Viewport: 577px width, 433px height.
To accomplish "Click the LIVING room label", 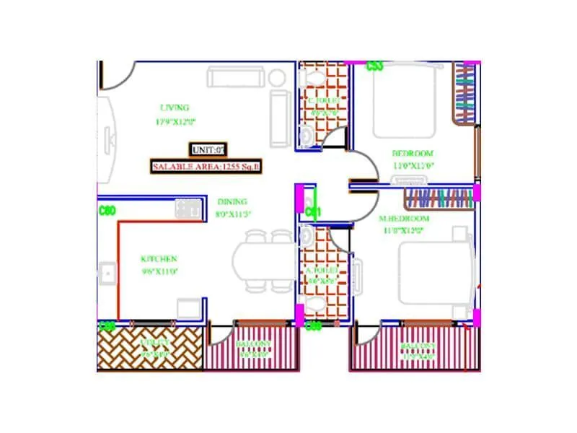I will tap(174, 108).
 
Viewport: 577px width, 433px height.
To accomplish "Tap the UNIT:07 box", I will tap(208, 150).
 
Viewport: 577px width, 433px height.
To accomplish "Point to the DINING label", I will tap(232, 202).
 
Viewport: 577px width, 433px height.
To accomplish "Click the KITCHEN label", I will tap(159, 259).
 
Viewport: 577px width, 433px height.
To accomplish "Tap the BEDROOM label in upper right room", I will tap(412, 153).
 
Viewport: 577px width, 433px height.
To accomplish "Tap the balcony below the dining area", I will tap(252, 348).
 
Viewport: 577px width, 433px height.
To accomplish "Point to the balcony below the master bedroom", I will tap(415, 349).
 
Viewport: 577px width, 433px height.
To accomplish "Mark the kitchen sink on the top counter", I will tap(188, 209).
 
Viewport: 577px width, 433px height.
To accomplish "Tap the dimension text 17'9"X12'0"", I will tap(175, 122).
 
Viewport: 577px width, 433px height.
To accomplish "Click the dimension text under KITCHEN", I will tap(159, 272).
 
